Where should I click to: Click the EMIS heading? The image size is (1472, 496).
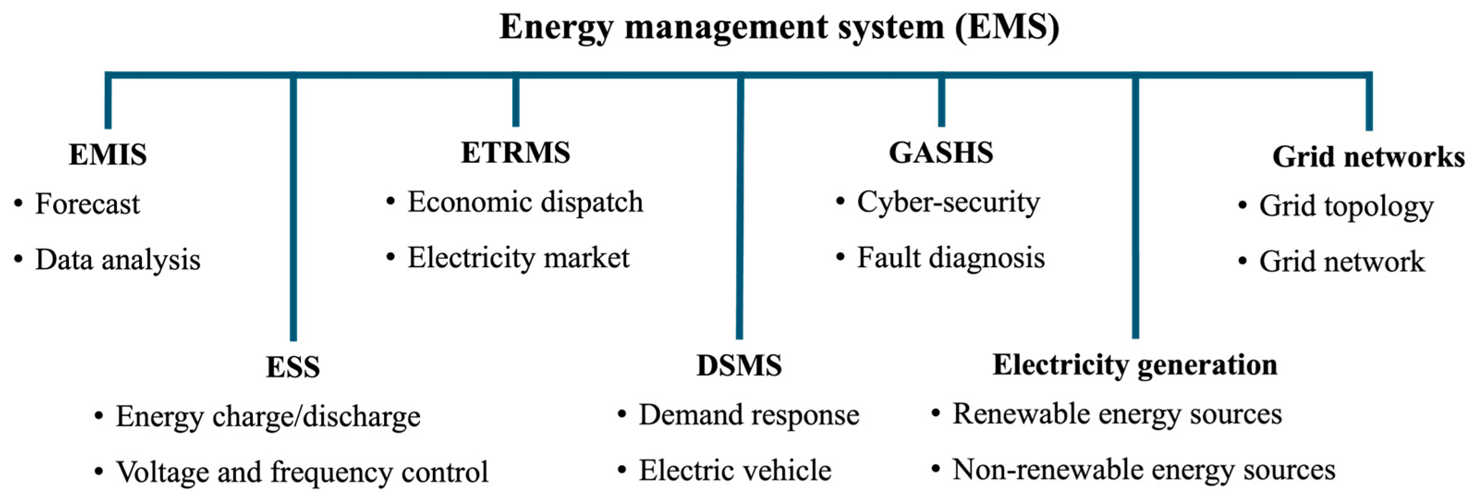(x=108, y=155)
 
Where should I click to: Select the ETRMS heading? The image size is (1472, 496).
(x=516, y=153)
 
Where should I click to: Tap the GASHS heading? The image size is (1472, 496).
(x=941, y=153)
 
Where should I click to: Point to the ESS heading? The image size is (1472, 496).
(x=292, y=367)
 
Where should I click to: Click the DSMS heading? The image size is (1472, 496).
(x=739, y=366)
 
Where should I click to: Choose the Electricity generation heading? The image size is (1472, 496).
(x=1135, y=365)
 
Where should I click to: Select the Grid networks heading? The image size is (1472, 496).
(x=1368, y=157)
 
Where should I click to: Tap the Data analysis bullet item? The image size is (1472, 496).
(x=118, y=260)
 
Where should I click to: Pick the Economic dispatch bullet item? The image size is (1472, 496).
(x=524, y=202)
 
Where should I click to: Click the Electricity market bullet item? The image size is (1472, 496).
(x=518, y=258)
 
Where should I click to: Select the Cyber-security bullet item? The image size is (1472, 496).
(x=948, y=202)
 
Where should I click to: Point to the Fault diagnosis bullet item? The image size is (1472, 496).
(x=950, y=258)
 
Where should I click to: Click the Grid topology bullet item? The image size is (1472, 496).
(x=1346, y=206)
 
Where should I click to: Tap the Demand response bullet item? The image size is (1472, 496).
(x=748, y=416)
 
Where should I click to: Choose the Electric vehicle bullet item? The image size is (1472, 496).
(x=735, y=471)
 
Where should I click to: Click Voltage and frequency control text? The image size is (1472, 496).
(x=302, y=472)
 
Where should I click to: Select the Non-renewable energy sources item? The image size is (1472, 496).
(x=1144, y=470)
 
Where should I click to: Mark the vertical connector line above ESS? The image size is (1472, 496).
(x=293, y=211)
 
